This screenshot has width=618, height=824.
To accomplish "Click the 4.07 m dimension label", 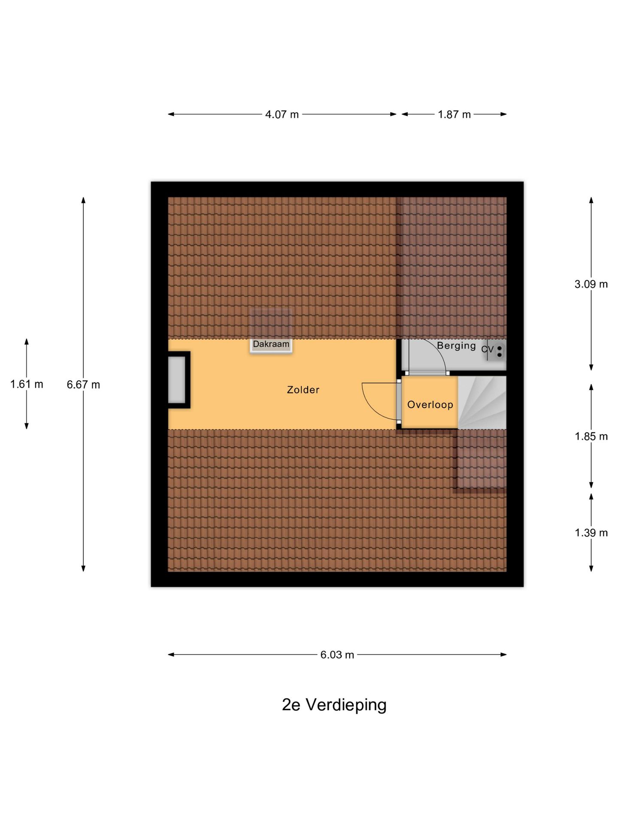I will (282, 115).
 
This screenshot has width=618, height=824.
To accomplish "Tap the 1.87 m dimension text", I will (454, 115).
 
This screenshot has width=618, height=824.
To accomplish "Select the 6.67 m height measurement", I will (83, 385).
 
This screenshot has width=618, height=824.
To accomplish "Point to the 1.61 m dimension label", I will (27, 384).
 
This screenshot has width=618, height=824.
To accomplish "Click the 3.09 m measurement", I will (591, 284).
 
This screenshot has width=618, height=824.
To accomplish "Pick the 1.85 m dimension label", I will (591, 436).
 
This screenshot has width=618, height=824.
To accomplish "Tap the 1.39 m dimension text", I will (591, 533).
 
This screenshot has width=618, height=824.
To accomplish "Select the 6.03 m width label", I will (337, 655).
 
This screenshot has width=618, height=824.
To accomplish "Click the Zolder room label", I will (303, 390).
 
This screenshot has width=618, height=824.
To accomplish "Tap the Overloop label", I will (430, 405).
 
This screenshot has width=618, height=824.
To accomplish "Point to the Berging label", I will (456, 346).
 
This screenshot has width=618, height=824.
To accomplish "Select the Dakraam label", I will (271, 344).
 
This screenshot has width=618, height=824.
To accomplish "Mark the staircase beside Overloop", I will (482, 403).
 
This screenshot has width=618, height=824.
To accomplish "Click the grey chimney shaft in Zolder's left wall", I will (176, 379).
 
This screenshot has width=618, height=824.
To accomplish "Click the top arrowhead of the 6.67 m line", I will (83, 200).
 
